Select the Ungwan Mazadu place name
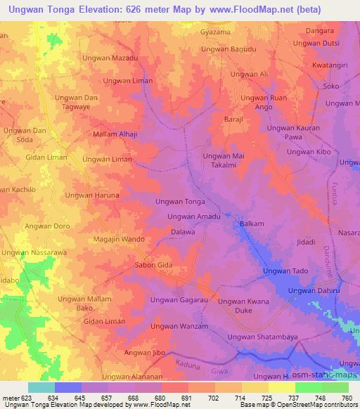tap(110, 58)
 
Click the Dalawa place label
tap(183, 231)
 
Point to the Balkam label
tap(252, 223)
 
